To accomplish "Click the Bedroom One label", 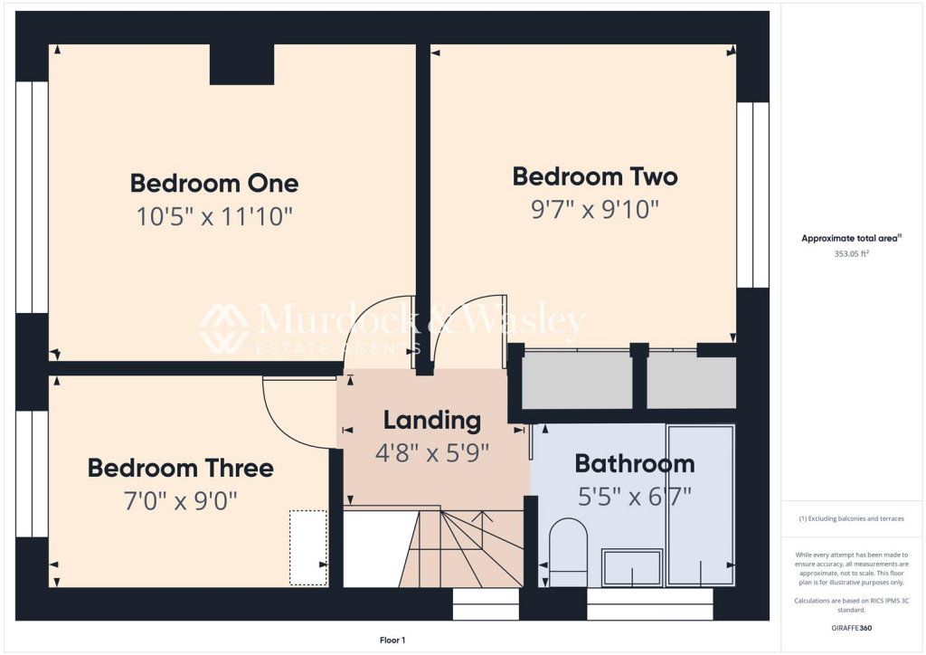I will (x=214, y=183).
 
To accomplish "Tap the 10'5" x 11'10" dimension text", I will (x=214, y=217).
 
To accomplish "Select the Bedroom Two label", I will (x=594, y=176).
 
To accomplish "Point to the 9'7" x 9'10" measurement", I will (x=594, y=210).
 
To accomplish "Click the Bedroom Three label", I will (x=180, y=469).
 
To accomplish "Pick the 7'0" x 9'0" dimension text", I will (x=180, y=500).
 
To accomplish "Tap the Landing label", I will (x=431, y=420).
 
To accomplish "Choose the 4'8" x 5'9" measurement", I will (x=432, y=452).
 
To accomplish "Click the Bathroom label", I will (x=635, y=465).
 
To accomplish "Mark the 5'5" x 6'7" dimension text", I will (x=635, y=497).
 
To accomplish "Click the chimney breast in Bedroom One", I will (x=241, y=64).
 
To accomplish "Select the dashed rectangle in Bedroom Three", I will (x=307, y=547).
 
